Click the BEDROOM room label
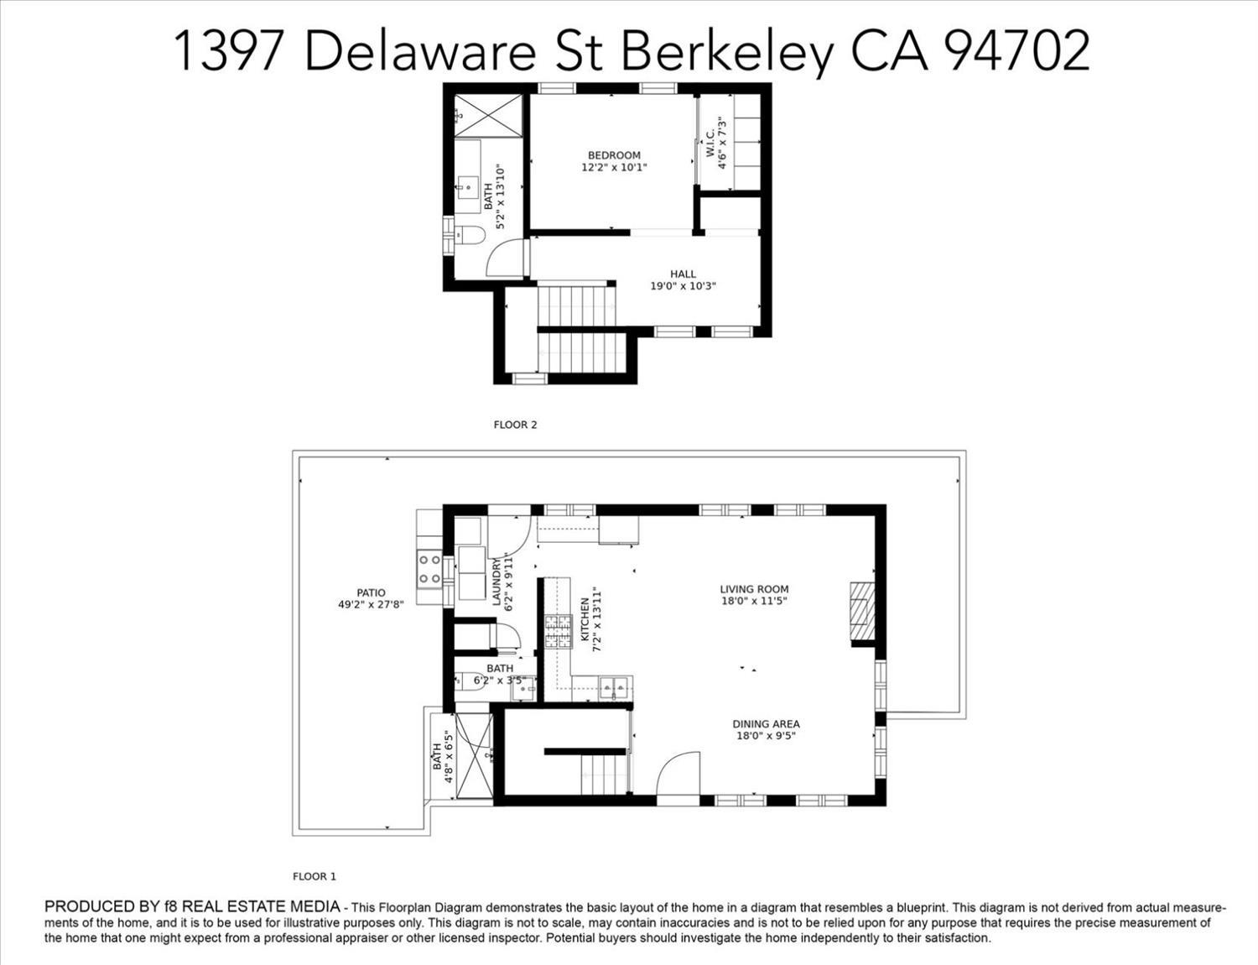coord(614,155)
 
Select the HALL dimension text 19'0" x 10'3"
coord(683,286)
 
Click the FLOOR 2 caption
coord(515,425)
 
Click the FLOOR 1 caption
coord(314,876)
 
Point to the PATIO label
coord(371,592)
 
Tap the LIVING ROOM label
coord(754,589)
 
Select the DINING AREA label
coord(766,724)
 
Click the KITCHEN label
coord(585,620)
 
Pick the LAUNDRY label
coord(496,582)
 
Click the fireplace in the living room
coord(861,611)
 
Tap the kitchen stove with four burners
coord(557,632)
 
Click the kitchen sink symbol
coord(615,688)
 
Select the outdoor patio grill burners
coord(430,569)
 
